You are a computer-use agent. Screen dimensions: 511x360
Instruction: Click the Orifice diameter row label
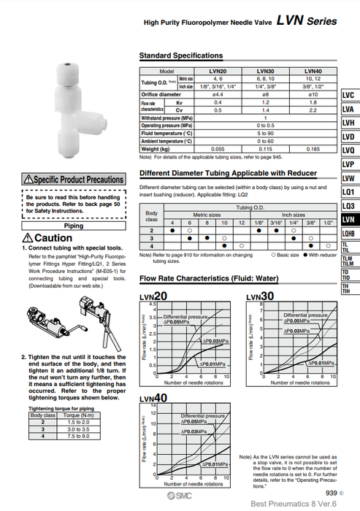click(x=161, y=94)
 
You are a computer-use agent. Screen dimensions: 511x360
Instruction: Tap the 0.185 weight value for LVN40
click(x=313, y=148)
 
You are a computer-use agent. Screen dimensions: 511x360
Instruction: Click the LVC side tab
click(x=348, y=96)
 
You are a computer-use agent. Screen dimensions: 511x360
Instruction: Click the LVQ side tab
click(x=348, y=150)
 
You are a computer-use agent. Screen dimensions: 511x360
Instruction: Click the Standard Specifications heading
click(x=181, y=55)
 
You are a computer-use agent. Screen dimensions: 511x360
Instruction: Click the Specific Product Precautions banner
click(x=73, y=179)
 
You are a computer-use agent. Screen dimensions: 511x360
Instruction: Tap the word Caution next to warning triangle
click(x=53, y=238)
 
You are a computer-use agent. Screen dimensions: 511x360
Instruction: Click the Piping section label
click(x=73, y=226)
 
